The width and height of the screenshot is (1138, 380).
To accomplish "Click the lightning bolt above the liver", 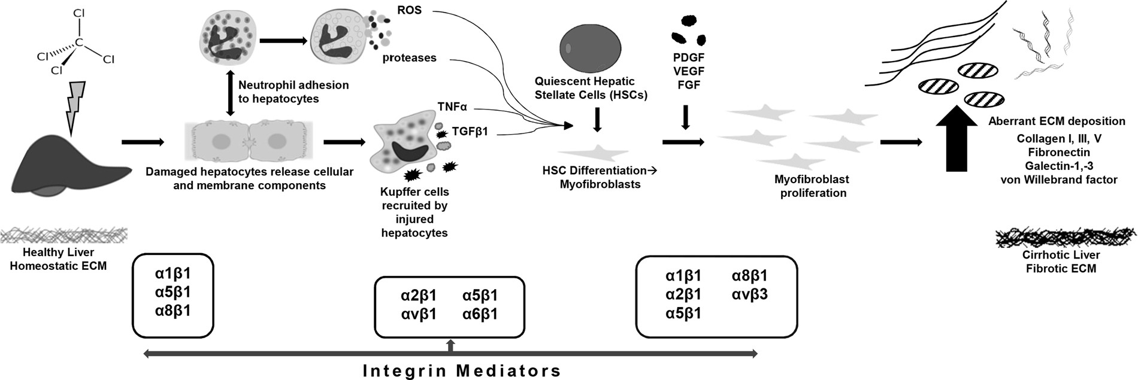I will coord(75,108).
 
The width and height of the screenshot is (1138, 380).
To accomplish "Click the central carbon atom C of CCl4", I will coord(79,43).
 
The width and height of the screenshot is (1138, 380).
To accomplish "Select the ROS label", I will coord(409,10).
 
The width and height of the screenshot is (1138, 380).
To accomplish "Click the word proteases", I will coord(409,58).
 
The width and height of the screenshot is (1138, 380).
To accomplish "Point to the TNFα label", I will coord(452,107).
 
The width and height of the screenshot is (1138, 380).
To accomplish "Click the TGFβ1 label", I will coord(470,131).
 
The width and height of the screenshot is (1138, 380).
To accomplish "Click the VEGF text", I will coord(689,71).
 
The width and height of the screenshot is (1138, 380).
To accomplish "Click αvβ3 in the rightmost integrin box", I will coord(749,294).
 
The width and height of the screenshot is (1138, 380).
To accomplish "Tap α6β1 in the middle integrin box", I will coord(480,314).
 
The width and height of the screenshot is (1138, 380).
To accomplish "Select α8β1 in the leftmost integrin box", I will coord(172,311).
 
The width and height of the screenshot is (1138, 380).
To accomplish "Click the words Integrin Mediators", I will coord(462,370).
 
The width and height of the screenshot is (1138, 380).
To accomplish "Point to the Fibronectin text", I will coord(1058,152).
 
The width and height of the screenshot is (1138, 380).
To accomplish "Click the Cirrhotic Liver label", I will coord(1061,255).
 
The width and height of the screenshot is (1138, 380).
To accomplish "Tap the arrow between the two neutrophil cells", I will coord(283,41).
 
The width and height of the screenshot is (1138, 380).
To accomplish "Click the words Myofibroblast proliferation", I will coord(813,186).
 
